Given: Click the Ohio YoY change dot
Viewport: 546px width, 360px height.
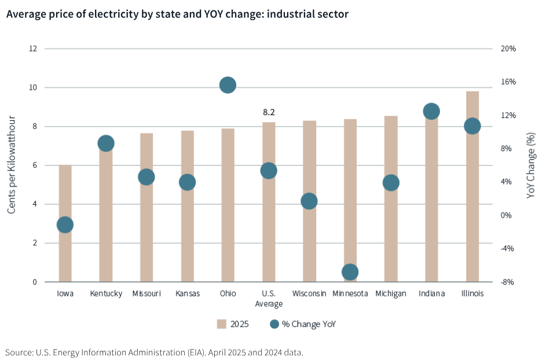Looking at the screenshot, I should [x=228, y=85].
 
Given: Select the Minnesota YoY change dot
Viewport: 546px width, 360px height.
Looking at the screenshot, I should [x=350, y=271].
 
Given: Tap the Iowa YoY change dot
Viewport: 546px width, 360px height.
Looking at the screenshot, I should [x=65, y=225].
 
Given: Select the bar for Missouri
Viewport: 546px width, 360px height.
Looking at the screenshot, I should [x=146, y=232].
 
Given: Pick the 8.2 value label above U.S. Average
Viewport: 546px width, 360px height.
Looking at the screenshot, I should [x=269, y=112].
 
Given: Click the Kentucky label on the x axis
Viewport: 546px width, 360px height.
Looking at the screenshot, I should [x=106, y=293].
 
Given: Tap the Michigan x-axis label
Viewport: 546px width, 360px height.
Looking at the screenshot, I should [x=391, y=293].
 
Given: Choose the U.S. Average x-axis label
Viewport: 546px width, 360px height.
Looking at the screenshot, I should [x=269, y=298].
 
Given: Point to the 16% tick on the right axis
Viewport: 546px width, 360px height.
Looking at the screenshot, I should [x=508, y=82].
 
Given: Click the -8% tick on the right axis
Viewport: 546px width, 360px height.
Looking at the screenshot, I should [x=508, y=282].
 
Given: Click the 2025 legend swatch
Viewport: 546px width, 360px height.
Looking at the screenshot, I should [x=221, y=324].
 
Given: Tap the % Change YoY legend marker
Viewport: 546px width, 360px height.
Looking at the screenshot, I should [x=274, y=324].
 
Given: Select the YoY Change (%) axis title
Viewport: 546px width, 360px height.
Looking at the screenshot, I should [x=531, y=166].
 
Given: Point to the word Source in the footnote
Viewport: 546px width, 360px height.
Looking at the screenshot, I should [x=18, y=352].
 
